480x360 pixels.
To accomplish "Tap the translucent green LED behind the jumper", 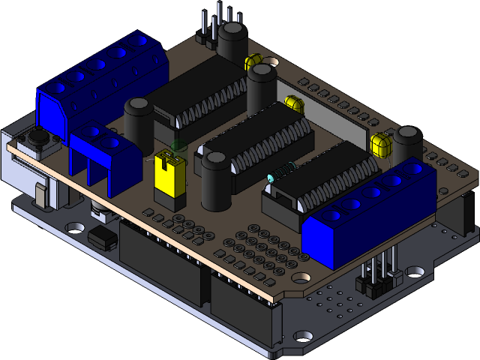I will click(x=178, y=148).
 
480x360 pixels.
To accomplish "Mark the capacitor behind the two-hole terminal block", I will click(x=139, y=120).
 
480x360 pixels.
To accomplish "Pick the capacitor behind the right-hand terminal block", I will click(x=409, y=142).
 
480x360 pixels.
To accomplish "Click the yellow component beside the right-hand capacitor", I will click(x=381, y=144).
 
